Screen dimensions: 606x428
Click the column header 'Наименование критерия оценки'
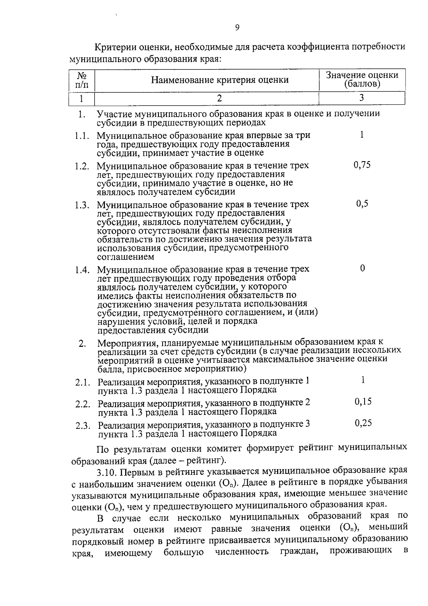[220, 80]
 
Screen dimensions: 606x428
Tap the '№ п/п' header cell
[82, 80]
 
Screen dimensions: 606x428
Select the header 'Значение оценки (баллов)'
[362, 80]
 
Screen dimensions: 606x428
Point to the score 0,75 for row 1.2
[362, 165]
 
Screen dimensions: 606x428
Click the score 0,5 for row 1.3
[362, 204]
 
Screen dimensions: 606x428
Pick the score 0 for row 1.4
[362, 268]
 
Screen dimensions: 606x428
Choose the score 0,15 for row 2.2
[363, 402]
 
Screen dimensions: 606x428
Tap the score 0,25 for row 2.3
[363, 423]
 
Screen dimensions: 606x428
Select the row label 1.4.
[82, 270]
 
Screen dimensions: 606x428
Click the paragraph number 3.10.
[106, 472]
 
